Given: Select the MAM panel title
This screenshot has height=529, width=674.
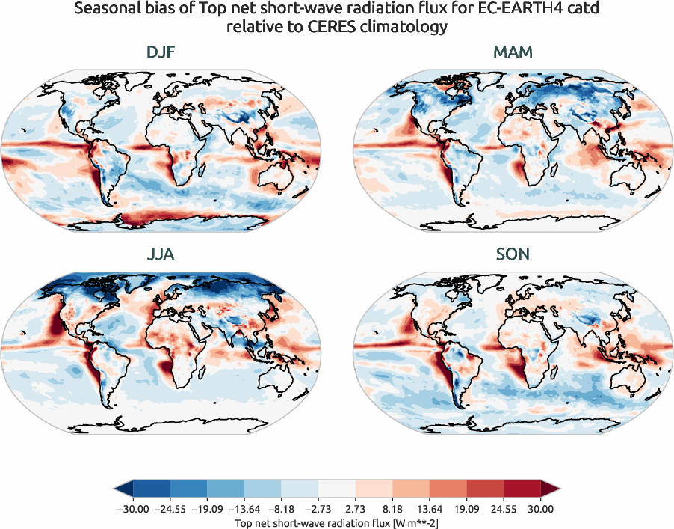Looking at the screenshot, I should pyautogui.click(x=512, y=53).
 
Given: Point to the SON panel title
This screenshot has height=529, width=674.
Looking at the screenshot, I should pyautogui.click(x=512, y=254).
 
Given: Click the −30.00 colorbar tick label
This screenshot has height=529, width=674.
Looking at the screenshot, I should pyautogui.click(x=133, y=509).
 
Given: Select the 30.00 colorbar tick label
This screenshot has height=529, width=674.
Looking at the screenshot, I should pyautogui.click(x=540, y=509).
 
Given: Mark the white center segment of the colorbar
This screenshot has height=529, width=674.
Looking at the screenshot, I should pyautogui.click(x=336, y=489).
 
